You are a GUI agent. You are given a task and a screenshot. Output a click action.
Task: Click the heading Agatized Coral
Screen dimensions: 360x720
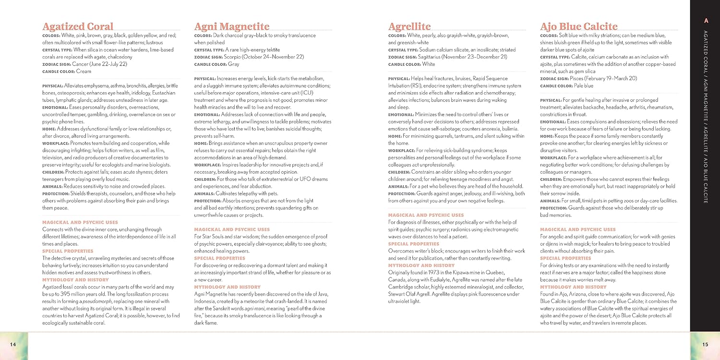[78, 26]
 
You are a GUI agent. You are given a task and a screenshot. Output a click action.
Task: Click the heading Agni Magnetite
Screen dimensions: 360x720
[232, 26]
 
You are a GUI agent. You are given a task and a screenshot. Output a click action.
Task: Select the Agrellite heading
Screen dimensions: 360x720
[409, 26]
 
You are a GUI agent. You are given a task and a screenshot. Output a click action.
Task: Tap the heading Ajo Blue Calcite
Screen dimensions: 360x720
[578, 26]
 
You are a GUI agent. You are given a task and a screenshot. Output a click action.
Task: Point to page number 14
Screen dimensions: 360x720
[13, 344]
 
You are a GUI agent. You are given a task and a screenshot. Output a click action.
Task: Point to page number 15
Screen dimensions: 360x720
[705, 344]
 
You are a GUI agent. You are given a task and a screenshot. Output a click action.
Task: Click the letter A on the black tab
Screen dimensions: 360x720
[706, 21]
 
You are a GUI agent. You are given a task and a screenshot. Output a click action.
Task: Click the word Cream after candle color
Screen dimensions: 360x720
[84, 72]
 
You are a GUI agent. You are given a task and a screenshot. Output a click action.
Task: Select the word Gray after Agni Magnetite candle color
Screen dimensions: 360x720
[234, 64]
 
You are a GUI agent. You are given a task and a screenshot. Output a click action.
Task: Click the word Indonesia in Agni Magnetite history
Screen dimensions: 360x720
[208, 301]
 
